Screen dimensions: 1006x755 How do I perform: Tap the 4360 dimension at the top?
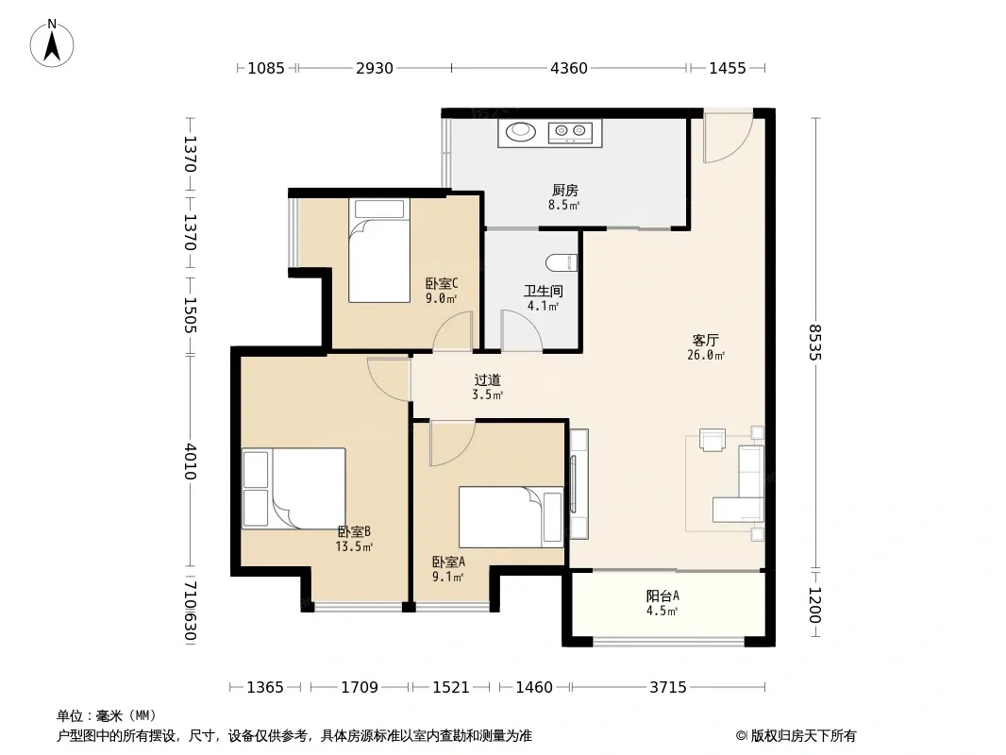pos(568,68)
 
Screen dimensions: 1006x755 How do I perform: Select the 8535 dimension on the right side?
pos(815,342)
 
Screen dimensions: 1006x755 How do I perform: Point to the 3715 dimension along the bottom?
pos(668,688)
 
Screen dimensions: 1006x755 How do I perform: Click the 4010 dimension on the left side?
pos(190,461)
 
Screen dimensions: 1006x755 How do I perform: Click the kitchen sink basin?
pos(520,131)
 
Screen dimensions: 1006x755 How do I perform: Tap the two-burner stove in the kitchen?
pos(571,132)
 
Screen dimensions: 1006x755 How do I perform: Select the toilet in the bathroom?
pos(562,262)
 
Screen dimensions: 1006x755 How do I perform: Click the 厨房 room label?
pos(565,191)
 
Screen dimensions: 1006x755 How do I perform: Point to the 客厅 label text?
pos(705,340)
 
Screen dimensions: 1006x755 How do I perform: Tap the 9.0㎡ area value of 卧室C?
pos(442,298)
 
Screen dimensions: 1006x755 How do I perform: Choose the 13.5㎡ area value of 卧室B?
pos(354,547)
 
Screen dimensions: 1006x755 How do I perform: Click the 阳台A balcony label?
pos(662,596)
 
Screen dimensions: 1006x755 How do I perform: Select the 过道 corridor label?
pos(487,380)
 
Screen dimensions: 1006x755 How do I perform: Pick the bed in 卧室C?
pos(379,250)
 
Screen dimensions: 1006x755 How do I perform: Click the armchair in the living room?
pos(713,440)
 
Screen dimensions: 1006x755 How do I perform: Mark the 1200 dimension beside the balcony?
pos(815,604)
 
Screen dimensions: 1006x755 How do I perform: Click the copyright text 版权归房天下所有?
pos(803,736)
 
